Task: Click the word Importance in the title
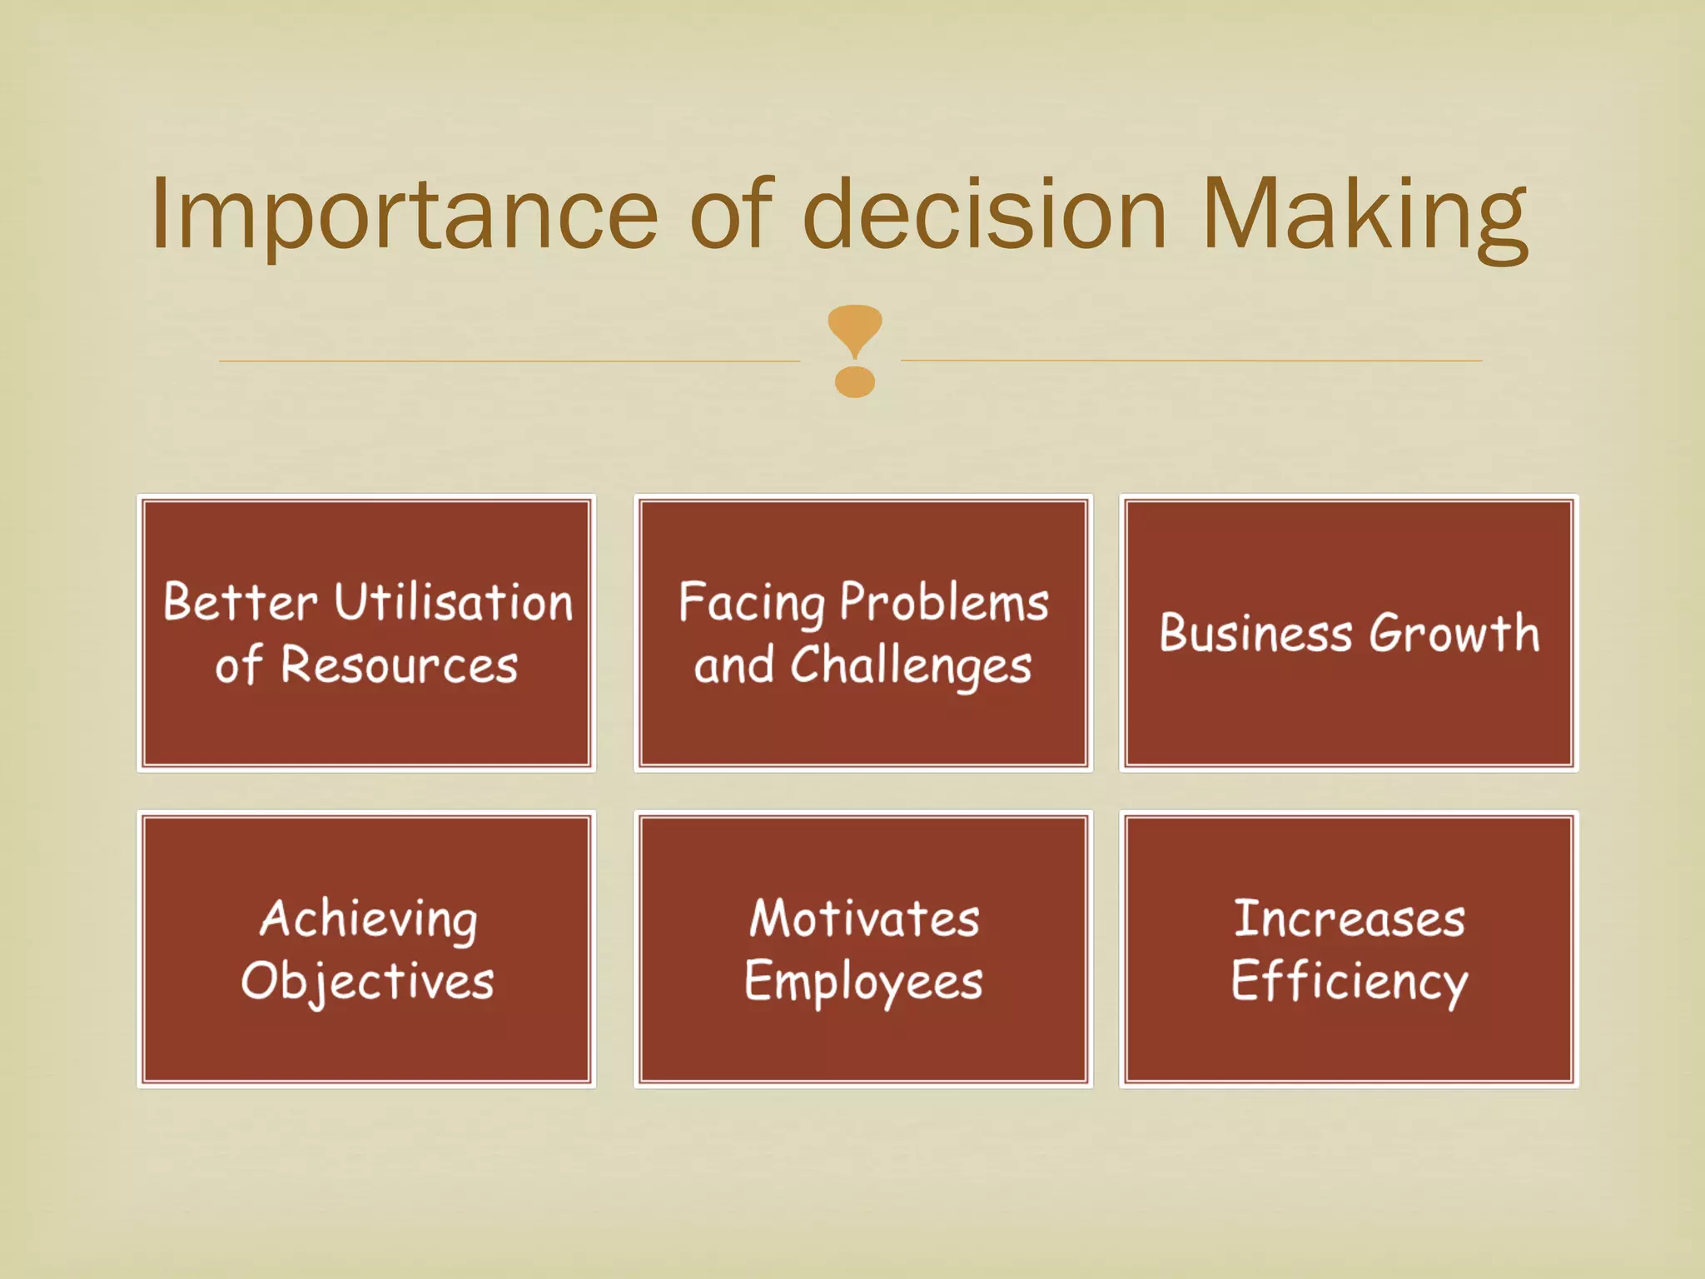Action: tap(405, 215)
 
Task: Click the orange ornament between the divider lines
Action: tap(854, 351)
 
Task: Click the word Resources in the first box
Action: tap(400, 665)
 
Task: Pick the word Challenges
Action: tap(911, 667)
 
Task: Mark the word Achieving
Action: tap(369, 920)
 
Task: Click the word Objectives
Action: tap(367, 982)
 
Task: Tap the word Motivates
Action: tap(864, 918)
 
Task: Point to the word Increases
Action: tap(1349, 918)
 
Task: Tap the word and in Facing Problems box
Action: tap(733, 666)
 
